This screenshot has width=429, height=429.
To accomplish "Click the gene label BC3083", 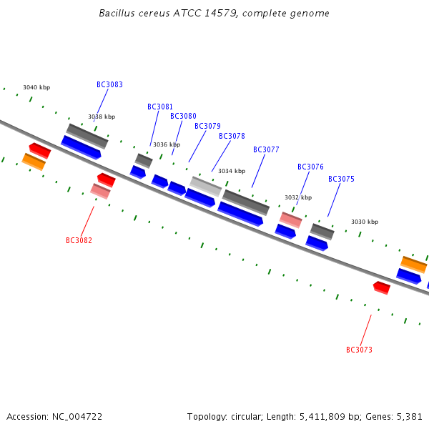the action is pos(109,84).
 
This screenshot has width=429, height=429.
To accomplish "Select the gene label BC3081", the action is pos(160,107).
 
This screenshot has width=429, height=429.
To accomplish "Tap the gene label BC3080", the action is pos(183,116).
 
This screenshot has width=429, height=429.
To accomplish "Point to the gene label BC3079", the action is pos(207,126).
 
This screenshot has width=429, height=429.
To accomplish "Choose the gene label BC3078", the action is pos(232,136).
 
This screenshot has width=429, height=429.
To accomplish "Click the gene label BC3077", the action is pos(266,149).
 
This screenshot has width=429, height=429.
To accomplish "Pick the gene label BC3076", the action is pos(310,167).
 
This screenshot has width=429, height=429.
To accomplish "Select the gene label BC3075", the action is pos(341,179).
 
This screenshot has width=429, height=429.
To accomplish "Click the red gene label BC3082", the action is pos(79,240).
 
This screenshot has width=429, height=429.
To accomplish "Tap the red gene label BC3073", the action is pos(359,350).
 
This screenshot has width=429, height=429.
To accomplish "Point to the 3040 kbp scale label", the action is pos(36,87).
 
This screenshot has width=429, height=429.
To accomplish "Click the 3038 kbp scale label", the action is pos(102,117).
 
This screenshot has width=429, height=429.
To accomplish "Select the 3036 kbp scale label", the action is pos(167,144).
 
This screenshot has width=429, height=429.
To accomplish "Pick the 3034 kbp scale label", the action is pos(232,171).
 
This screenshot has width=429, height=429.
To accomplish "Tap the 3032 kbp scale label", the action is pos(298,197).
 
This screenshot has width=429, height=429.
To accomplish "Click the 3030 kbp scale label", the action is pos(365,222).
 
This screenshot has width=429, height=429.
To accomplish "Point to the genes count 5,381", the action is pos(409,416).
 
